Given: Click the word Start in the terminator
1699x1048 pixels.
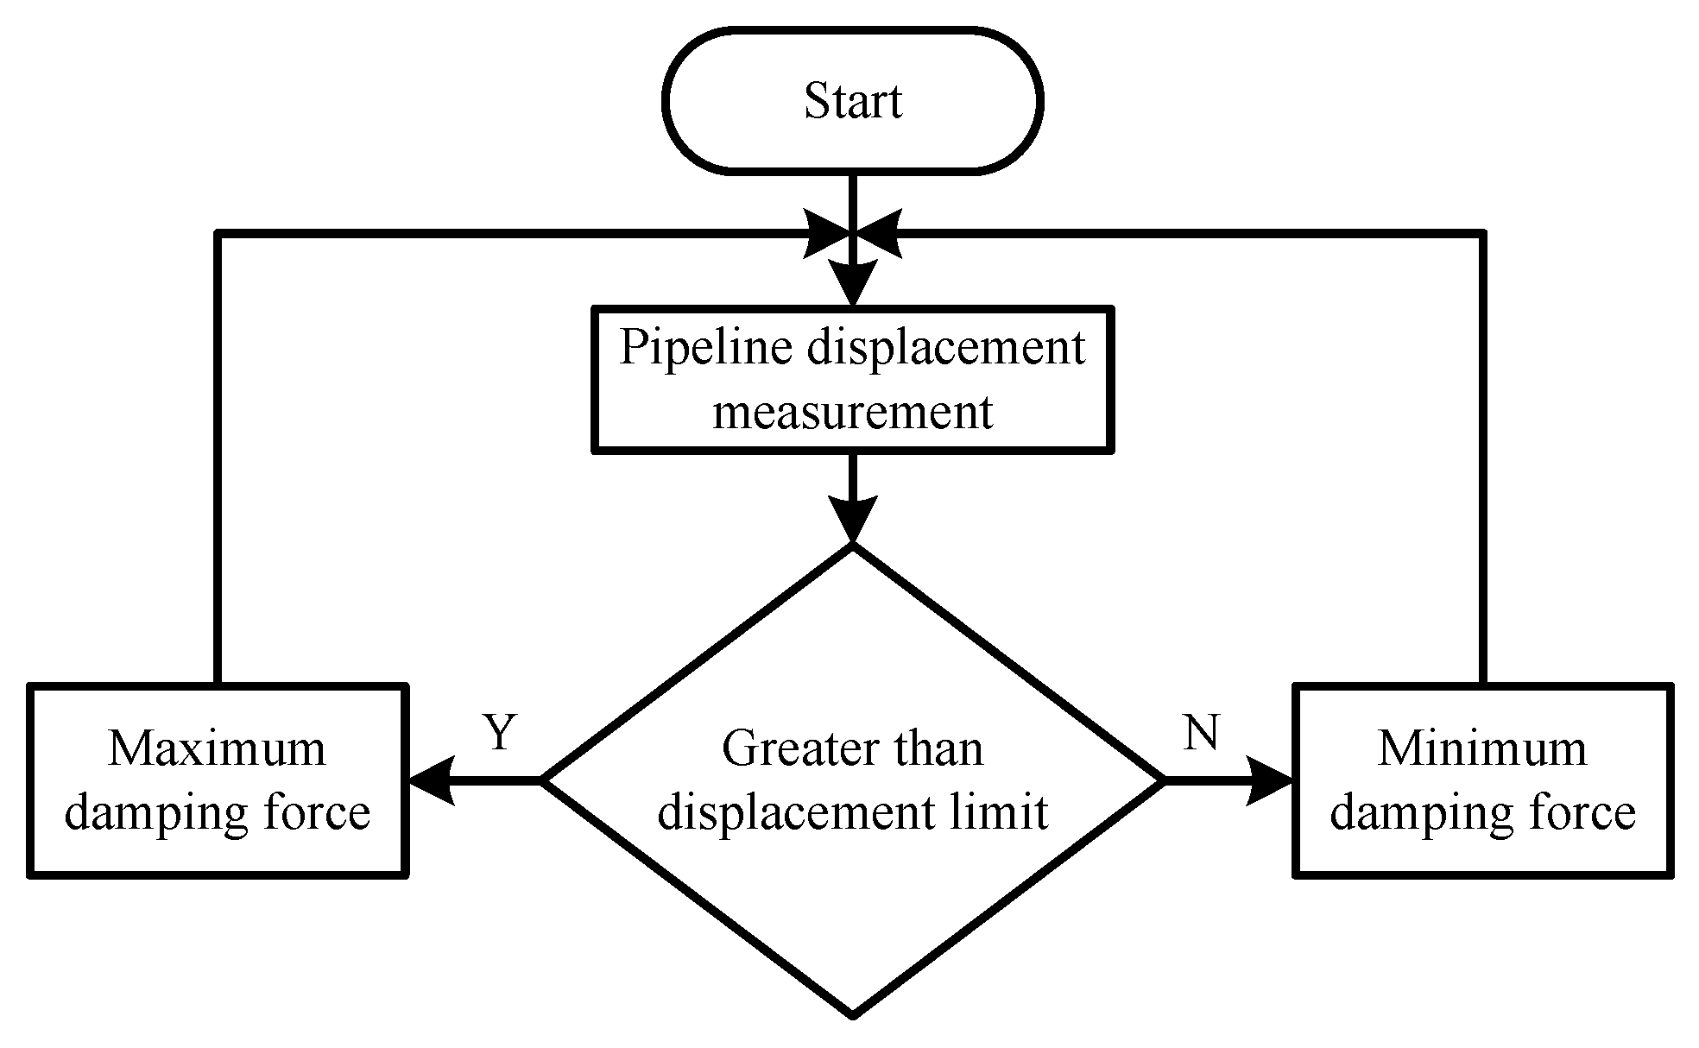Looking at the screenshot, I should click(x=853, y=101).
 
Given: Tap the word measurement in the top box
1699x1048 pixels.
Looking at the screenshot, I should click(x=853, y=412).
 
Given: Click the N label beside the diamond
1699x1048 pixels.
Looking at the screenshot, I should click(x=1201, y=732).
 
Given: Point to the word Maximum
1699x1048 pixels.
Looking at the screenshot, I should click(x=217, y=748).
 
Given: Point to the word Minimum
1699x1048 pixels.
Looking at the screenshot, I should click(x=1482, y=748).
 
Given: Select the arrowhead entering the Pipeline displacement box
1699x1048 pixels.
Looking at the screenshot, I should click(x=853, y=284).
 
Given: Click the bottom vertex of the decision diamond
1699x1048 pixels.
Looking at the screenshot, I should click(x=853, y=1014).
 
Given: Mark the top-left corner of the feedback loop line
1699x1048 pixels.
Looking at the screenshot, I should click(x=218, y=233).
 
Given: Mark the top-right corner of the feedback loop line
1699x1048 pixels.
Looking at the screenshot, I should click(x=1483, y=233).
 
